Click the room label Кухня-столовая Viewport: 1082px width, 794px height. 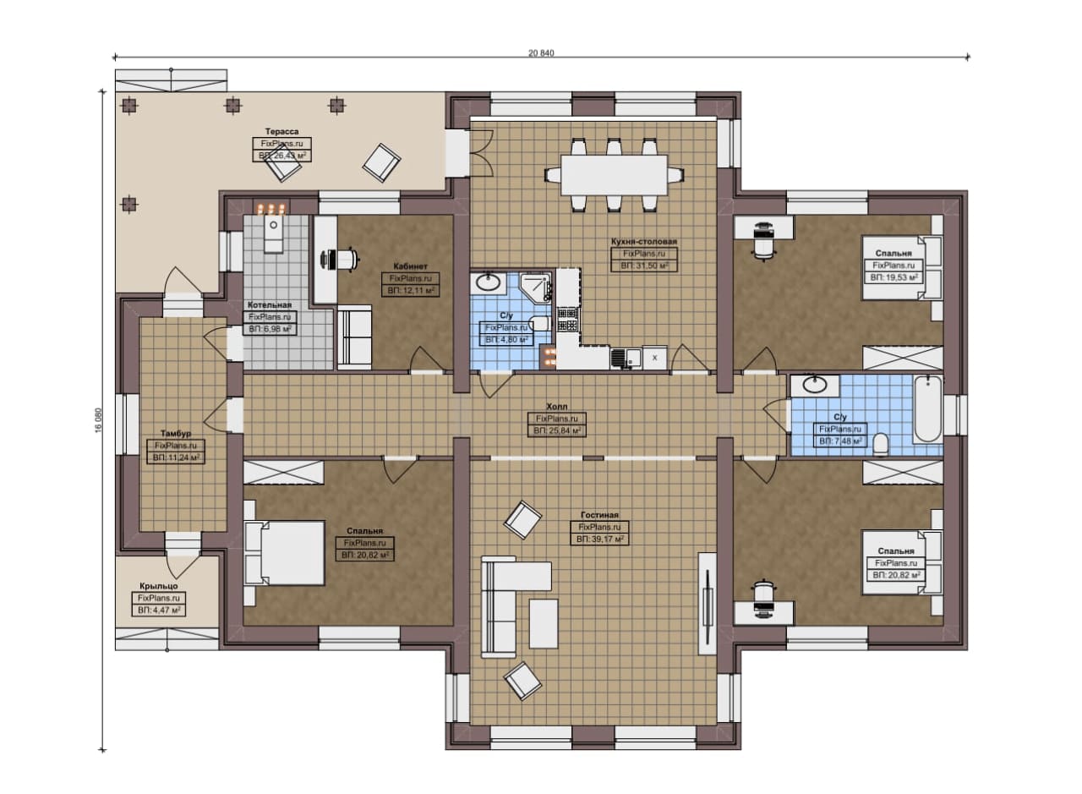[x=644, y=241]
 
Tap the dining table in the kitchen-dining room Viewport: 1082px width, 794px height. [x=614, y=174]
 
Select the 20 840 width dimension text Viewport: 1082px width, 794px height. [x=541, y=53]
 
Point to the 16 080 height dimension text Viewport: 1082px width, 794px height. [x=99, y=420]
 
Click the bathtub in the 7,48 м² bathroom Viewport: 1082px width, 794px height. [x=927, y=409]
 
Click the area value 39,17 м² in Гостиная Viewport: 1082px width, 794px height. [x=600, y=539]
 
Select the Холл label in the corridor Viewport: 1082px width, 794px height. [x=557, y=407]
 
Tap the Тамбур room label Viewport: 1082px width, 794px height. [x=176, y=434]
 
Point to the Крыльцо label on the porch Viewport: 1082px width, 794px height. [x=158, y=586]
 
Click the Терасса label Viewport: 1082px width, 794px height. [x=281, y=131]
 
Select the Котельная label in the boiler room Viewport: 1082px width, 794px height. [x=270, y=305]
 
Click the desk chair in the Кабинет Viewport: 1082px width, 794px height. [x=340, y=260]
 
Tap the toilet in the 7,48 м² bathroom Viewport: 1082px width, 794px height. [x=881, y=445]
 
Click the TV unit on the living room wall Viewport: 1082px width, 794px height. [x=708, y=604]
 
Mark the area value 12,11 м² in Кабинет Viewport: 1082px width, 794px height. [x=411, y=290]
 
